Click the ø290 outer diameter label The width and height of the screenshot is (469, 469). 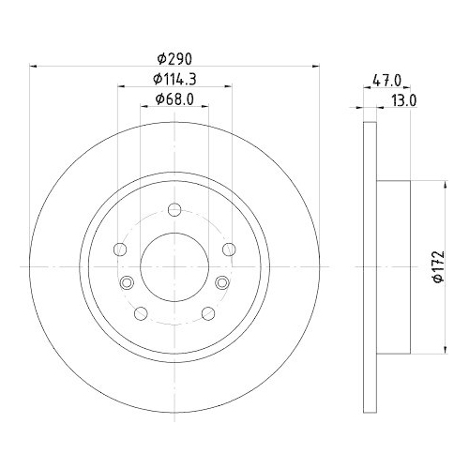(174, 55)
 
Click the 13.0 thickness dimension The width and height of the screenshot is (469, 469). (404, 98)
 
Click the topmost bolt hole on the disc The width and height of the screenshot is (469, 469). (174, 210)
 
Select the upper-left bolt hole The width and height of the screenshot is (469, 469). (119, 250)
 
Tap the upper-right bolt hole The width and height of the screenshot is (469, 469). (229, 250)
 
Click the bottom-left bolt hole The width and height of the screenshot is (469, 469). (140, 314)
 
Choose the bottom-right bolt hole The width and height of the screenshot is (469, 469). (207, 314)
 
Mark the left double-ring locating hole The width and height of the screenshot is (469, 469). (127, 282)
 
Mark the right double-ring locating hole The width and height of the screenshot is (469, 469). (221, 282)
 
